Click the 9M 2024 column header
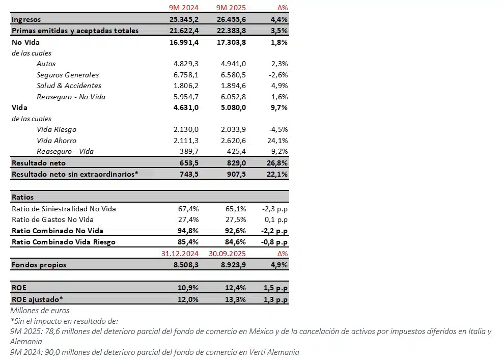(184, 8)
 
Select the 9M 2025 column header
(231, 8)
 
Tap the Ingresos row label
(26, 19)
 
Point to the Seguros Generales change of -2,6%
(278, 75)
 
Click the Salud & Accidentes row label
(69, 86)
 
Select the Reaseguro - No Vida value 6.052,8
(234, 97)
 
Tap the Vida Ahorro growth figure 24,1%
(277, 141)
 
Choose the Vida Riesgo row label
(57, 129)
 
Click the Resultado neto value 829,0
(236, 163)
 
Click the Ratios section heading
(22, 197)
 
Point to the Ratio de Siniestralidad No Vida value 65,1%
(236, 209)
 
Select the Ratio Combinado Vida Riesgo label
(63, 242)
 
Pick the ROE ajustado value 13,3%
(236, 299)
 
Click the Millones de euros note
(40, 310)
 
